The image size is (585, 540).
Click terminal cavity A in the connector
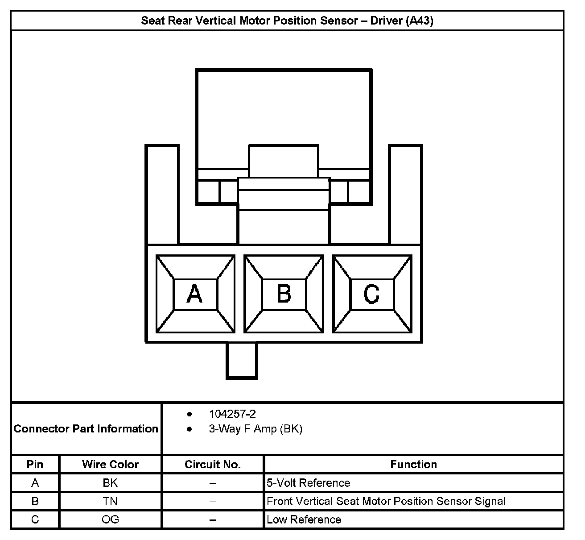point(195,294)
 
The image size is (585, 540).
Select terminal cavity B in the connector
point(284,294)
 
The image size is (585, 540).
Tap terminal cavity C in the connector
point(372,294)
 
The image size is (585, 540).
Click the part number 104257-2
point(232,414)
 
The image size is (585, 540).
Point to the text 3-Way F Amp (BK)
point(255,429)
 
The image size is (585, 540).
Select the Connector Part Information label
point(86,429)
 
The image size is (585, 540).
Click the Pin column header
point(35,465)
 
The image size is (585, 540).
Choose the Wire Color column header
point(110,465)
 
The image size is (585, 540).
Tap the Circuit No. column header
point(213,465)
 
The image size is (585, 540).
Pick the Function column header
point(413,465)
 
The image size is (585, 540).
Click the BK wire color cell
point(110,483)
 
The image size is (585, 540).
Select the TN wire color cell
point(110,501)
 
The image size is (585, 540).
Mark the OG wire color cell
point(110,519)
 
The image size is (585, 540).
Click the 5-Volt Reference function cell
point(309,483)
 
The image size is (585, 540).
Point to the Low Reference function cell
point(304,519)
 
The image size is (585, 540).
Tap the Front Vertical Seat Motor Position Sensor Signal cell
point(386,501)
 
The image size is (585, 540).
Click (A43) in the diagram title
point(419,21)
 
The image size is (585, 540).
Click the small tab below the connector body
point(242,361)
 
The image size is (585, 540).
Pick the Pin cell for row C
point(35,519)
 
